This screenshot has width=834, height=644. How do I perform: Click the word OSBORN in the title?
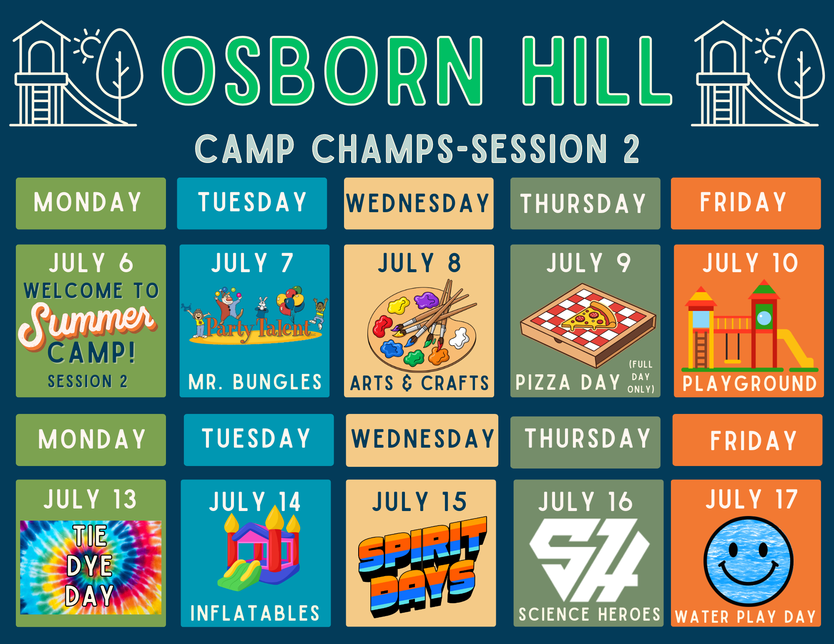pyautogui.click(x=322, y=70)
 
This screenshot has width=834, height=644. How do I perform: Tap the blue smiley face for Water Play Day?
pyautogui.click(x=749, y=561)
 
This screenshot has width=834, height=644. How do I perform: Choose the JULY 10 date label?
pyautogui.click(x=750, y=263)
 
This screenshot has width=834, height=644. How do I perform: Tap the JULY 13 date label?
pyautogui.click(x=90, y=499)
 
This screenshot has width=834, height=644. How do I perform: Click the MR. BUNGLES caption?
pyautogui.click(x=255, y=382)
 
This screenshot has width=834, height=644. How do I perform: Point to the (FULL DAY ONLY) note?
pyautogui.click(x=641, y=377)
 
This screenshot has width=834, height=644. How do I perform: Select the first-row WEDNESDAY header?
pyautogui.click(x=418, y=203)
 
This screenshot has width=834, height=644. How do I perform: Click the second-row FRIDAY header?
pyautogui.click(x=753, y=441)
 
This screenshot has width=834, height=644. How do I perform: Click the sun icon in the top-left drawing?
pyautogui.click(x=88, y=46)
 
